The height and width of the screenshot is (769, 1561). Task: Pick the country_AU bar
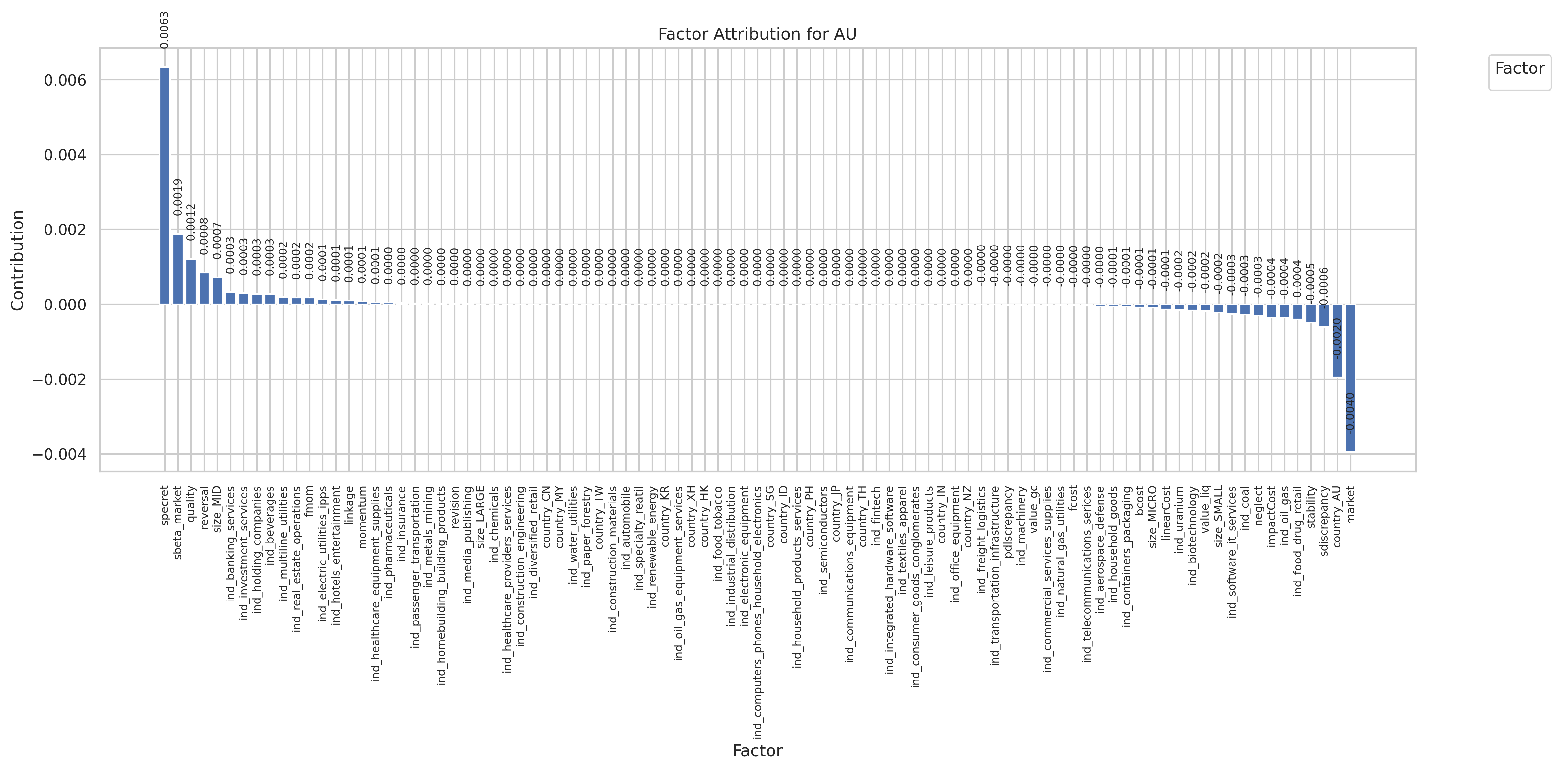1337,341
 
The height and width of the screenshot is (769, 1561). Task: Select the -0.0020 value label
1337,338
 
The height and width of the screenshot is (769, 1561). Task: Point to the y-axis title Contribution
18,261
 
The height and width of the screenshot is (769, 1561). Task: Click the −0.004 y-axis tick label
59,455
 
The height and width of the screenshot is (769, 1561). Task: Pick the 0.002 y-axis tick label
65,230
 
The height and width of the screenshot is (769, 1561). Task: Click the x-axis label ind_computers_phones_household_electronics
757,612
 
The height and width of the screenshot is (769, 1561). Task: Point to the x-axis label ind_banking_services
231,543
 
